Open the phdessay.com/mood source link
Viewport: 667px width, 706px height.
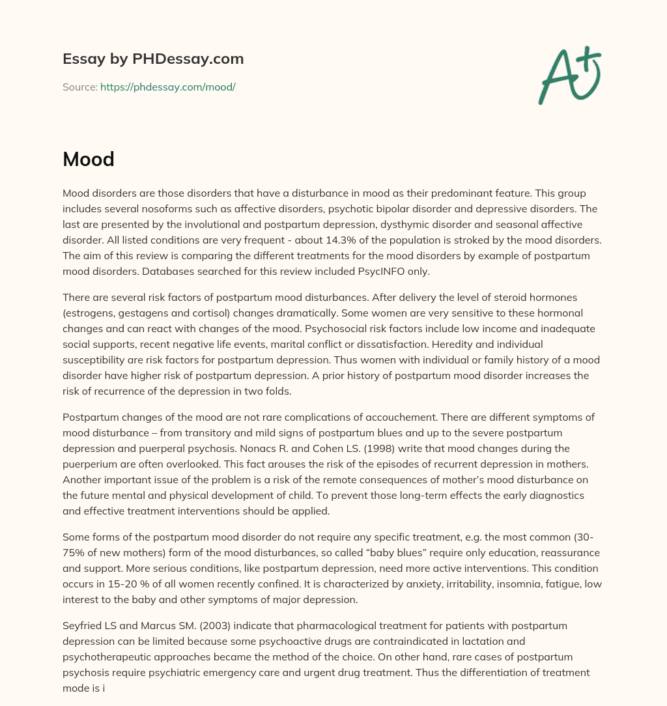tap(167, 87)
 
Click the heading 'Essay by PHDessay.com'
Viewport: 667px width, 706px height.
tap(153, 59)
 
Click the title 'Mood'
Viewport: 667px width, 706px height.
tap(89, 158)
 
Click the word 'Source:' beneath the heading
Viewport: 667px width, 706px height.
tap(79, 87)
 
